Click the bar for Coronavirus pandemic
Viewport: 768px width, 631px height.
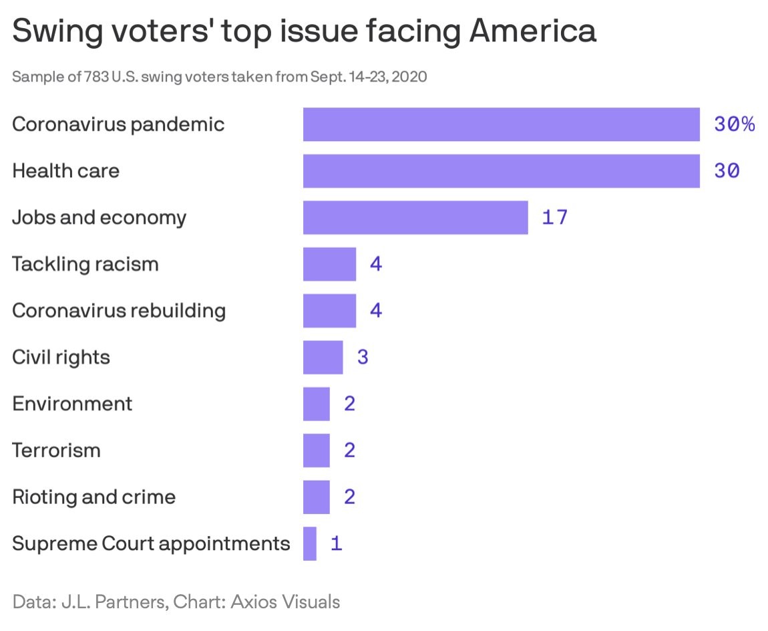[x=501, y=124]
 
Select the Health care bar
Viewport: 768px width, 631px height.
[x=501, y=171]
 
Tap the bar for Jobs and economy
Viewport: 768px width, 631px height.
[x=415, y=217]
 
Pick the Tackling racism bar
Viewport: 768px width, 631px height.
[x=329, y=264]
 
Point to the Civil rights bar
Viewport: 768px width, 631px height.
[x=323, y=357]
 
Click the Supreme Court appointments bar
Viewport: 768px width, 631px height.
[x=310, y=543]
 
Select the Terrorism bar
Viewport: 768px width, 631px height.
[x=317, y=451]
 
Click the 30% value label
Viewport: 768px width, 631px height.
[x=734, y=124]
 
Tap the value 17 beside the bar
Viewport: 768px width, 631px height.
[x=554, y=217]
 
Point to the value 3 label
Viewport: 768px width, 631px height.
[x=363, y=357]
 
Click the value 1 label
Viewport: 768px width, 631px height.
[x=336, y=543]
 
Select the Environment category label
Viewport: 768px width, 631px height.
[x=72, y=404]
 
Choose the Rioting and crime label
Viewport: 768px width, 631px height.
[x=93, y=497]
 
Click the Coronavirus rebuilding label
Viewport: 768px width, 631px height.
[x=119, y=311]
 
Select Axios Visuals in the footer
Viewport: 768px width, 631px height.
[x=285, y=602]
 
